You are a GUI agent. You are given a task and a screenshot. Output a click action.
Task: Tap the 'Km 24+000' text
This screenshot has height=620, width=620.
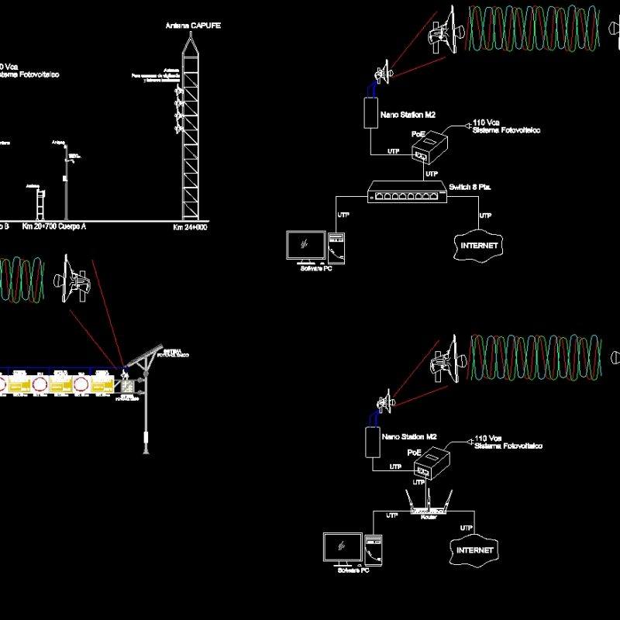pyautogui.click(x=190, y=228)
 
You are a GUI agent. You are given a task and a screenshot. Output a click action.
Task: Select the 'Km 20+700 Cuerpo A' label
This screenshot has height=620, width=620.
pyautogui.click(x=54, y=227)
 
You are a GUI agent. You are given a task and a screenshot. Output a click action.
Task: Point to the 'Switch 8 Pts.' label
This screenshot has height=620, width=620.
pyautogui.click(x=470, y=188)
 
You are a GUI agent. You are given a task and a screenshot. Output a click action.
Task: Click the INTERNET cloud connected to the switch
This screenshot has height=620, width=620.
pyautogui.click(x=478, y=245)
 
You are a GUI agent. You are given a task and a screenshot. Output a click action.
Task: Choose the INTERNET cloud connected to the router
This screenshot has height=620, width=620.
pyautogui.click(x=474, y=549)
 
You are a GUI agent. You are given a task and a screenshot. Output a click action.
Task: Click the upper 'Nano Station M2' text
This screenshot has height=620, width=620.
pyautogui.click(x=408, y=115)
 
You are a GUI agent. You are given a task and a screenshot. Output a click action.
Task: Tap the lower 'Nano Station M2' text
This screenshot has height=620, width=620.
pyautogui.click(x=409, y=436)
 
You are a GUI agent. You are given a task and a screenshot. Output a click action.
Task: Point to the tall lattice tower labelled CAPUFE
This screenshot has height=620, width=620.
pyautogui.click(x=190, y=132)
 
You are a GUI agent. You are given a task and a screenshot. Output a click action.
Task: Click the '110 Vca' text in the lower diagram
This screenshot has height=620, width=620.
pyautogui.click(x=487, y=439)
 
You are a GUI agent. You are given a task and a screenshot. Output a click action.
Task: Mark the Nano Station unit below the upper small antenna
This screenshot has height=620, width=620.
pyautogui.click(x=371, y=112)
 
